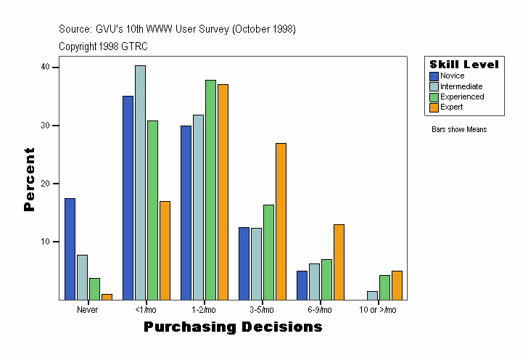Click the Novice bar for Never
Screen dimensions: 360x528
(70, 248)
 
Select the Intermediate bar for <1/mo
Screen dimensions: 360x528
(140, 182)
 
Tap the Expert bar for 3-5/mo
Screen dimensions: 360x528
(281, 221)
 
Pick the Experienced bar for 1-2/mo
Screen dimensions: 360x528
(210, 189)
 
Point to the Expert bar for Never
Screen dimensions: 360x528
(107, 296)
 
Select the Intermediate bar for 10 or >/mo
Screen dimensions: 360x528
(372, 295)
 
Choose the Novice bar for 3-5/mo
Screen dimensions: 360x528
(244, 263)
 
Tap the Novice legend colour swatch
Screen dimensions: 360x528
(434, 76)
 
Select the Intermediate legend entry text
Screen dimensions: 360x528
(461, 86)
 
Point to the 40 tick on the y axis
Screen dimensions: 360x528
(45, 67)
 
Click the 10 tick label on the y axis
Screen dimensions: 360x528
(45, 242)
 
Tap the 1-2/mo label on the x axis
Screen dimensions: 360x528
(204, 310)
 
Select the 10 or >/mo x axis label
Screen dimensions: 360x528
(378, 310)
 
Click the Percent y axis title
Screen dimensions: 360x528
(30, 179)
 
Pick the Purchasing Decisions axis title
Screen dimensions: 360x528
(233, 327)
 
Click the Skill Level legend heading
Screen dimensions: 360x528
(464, 65)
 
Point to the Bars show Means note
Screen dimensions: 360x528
(459, 130)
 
